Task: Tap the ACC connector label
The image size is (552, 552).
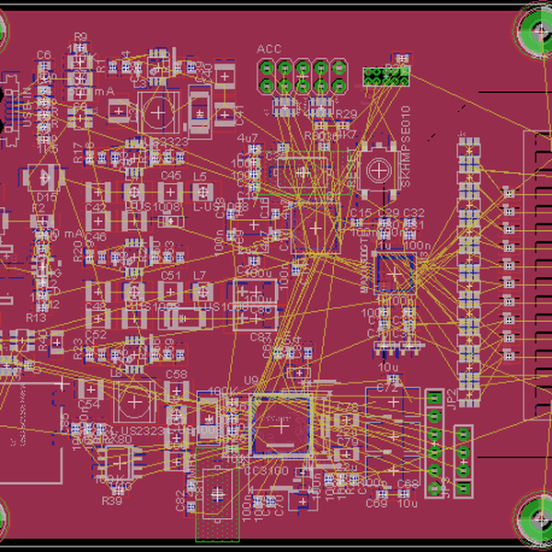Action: point(269,49)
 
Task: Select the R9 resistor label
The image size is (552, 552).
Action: point(80,38)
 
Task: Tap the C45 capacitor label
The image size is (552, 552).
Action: point(171,175)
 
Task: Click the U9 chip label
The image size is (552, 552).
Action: point(250,380)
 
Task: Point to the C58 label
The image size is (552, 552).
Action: point(176,374)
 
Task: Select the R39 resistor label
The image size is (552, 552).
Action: point(112,501)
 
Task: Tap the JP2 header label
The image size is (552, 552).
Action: point(451,397)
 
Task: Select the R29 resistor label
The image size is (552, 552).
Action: point(346,114)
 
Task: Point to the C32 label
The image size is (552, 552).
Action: point(414,213)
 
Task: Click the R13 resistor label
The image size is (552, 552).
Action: point(36,317)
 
